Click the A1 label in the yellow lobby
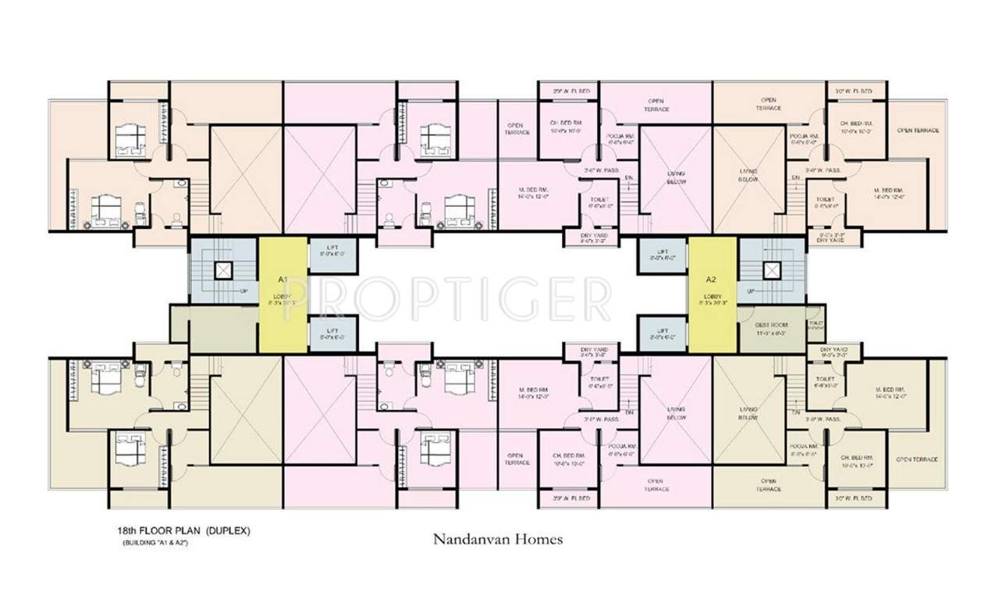tap(283, 279)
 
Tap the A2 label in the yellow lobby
tap(711, 279)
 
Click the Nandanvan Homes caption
tap(497, 538)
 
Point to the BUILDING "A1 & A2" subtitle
tap(155, 542)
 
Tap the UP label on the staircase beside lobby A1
tap(244, 291)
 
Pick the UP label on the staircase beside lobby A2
tap(750, 291)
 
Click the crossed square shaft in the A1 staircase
tap(223, 270)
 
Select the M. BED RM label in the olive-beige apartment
tap(888, 390)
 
